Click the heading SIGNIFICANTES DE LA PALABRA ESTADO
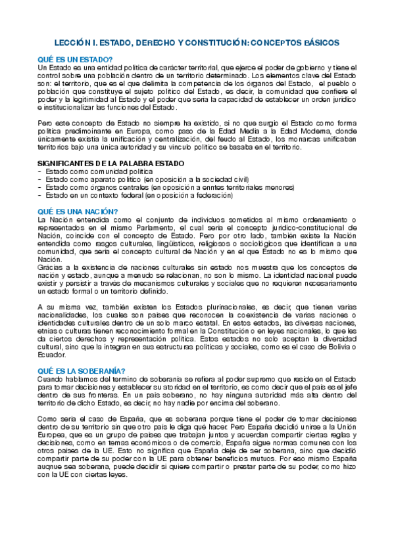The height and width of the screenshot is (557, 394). [111, 163]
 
